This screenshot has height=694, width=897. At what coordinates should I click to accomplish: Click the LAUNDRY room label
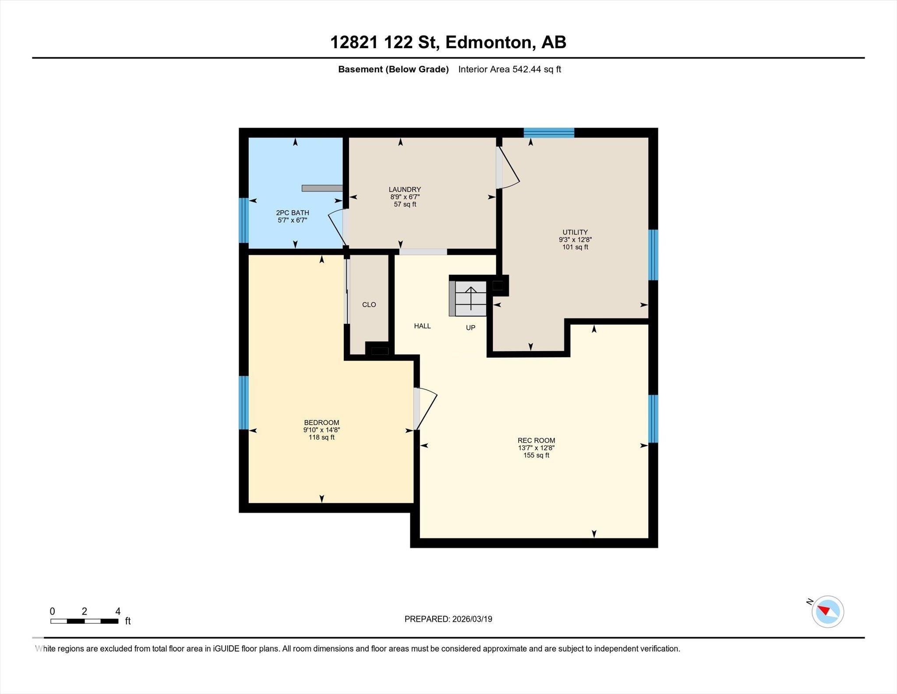click(404, 189)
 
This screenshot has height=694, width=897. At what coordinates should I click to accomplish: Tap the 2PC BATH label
click(292, 213)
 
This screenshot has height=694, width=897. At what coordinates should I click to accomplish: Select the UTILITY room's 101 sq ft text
click(575, 247)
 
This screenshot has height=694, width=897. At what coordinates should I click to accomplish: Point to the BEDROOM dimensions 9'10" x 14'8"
click(321, 430)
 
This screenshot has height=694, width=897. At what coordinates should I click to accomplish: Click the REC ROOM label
click(536, 440)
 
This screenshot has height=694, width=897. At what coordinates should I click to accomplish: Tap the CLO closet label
click(369, 305)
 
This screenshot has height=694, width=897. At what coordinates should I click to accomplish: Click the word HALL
click(422, 326)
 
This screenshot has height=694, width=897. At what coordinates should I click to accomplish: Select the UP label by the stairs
click(470, 327)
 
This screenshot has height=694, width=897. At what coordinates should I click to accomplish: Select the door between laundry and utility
click(508, 169)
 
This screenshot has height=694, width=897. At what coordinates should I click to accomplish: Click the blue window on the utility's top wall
click(549, 132)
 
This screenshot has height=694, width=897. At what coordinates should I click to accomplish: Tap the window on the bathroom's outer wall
click(244, 220)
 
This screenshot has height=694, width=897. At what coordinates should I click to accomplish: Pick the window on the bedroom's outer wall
click(244, 402)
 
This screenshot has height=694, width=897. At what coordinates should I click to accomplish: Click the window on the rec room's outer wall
click(653, 419)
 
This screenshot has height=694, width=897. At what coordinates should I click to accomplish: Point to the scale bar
click(84, 621)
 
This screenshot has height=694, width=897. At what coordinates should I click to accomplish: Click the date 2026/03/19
click(472, 619)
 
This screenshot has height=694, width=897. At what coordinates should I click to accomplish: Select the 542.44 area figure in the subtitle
click(527, 69)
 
